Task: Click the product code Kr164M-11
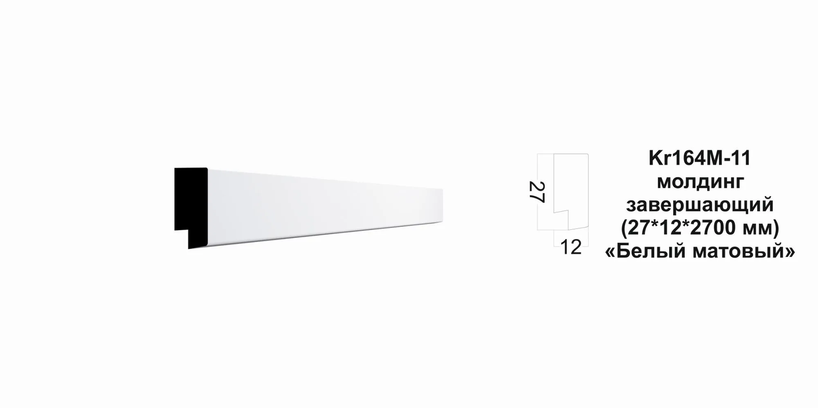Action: [700, 158]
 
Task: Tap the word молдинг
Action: [700, 182]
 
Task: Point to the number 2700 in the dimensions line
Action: [719, 228]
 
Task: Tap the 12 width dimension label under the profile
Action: [571, 247]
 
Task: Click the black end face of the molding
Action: [191, 204]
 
